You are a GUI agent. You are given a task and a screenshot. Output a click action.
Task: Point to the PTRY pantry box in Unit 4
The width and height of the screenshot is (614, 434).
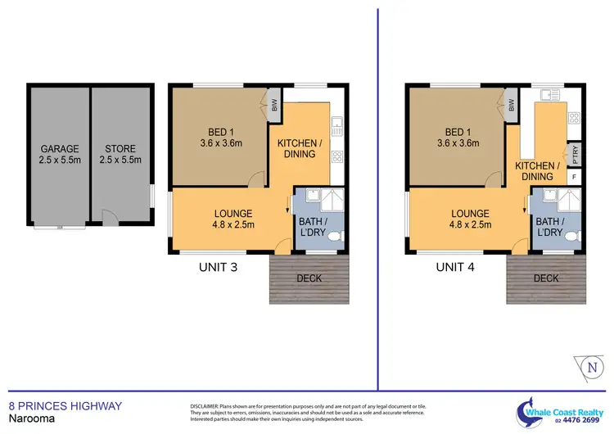[573, 154]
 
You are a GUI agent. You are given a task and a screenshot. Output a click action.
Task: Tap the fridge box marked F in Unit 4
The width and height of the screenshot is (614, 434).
[573, 177]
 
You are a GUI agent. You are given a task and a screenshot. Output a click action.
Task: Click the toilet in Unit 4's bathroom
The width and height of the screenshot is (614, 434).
[576, 235]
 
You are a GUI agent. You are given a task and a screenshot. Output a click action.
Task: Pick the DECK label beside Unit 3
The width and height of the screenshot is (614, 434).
[309, 278]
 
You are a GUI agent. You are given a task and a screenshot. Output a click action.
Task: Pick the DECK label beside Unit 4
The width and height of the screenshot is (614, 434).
[546, 278]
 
